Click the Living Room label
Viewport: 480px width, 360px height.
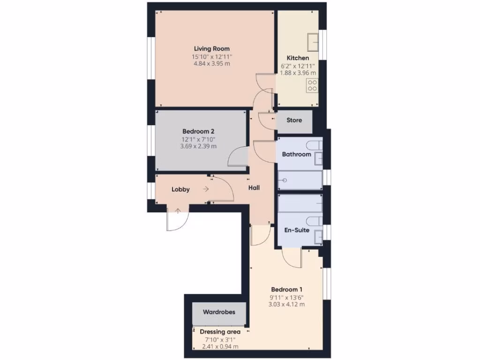212,48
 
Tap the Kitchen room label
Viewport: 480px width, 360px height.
298,58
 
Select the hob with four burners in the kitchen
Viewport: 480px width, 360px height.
312,85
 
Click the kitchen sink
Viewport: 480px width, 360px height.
313,42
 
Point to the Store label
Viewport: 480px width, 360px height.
294,120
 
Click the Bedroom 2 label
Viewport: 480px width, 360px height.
198,132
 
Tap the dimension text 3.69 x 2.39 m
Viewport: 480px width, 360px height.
198,146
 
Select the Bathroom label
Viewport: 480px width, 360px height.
296,154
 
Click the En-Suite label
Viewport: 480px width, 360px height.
297,230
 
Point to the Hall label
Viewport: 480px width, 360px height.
254,188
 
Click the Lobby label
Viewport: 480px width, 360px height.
180,189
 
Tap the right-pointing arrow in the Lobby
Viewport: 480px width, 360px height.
206,189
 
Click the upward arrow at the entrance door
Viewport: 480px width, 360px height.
178,211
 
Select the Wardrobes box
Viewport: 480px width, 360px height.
218,312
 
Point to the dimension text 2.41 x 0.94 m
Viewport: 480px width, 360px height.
220,347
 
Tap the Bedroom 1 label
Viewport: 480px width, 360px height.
286,289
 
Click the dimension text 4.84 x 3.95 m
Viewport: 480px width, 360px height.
212,64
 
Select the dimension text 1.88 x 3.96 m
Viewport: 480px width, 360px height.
298,73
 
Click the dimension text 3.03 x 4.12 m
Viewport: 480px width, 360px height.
286,304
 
